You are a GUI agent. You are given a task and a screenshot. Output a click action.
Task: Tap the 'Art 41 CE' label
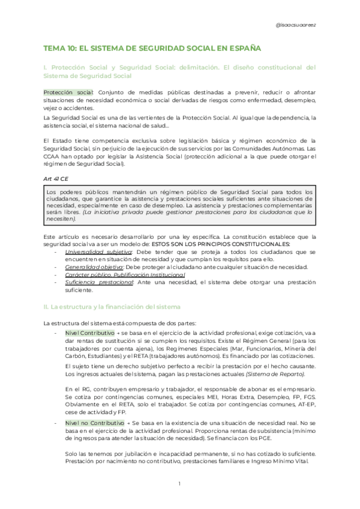point(56,179)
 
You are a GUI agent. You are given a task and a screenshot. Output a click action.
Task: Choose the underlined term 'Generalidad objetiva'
point(90,267)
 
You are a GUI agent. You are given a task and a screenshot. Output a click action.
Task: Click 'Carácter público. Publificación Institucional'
point(125,275)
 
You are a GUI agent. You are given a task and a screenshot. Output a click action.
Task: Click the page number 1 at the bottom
point(179,484)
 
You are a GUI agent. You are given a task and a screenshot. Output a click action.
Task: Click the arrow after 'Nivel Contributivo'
point(119,333)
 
